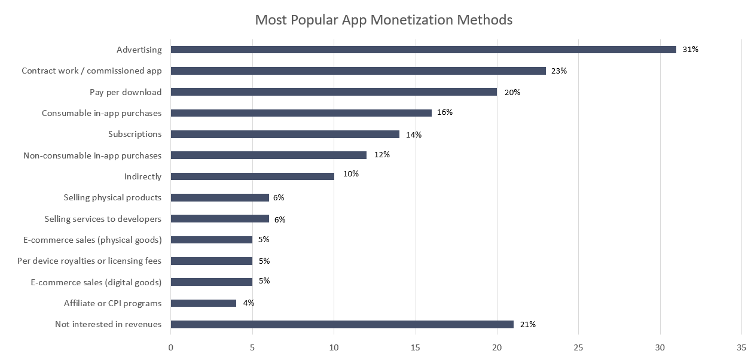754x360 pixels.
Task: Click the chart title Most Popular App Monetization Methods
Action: click(x=383, y=20)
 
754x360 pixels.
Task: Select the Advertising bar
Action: click(x=423, y=50)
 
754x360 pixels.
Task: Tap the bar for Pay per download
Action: click(x=334, y=92)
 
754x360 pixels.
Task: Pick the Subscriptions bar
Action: click(x=285, y=135)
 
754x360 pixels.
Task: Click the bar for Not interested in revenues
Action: click(x=342, y=324)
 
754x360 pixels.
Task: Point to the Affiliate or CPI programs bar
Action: click(x=203, y=303)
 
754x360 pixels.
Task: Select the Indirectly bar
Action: click(x=252, y=176)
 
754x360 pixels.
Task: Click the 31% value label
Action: click(x=691, y=50)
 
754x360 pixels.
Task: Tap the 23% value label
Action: click(x=559, y=71)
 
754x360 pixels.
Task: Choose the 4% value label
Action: click(x=248, y=303)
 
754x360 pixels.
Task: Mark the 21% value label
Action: click(x=527, y=324)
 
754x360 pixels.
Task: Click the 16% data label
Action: click(x=444, y=112)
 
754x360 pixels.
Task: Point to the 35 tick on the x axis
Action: click(x=741, y=347)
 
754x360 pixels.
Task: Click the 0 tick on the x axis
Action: click(x=171, y=347)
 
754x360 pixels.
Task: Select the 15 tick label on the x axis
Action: click(x=415, y=347)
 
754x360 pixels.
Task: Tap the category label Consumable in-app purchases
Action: click(x=102, y=113)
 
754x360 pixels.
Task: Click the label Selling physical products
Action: click(x=112, y=197)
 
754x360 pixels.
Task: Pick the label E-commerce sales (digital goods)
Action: click(x=96, y=282)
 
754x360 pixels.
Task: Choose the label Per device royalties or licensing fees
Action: click(x=89, y=261)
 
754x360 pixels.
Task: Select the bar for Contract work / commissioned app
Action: click(x=358, y=71)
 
